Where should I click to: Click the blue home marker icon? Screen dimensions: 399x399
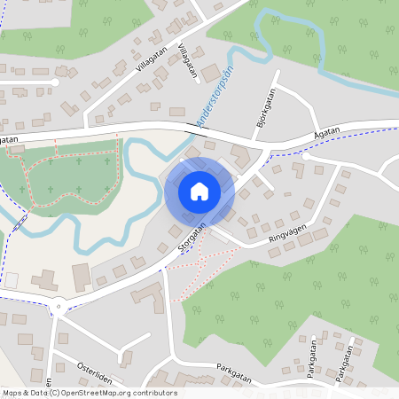tap(199, 191)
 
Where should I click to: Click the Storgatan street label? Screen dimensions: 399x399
tap(192, 239)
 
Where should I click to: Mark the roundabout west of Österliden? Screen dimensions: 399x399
tap(59, 309)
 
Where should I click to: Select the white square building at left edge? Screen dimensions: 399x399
tap(12, 280)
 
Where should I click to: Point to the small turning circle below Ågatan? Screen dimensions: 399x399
tap(299, 153)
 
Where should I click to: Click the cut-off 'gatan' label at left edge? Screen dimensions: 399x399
tap(9, 139)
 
